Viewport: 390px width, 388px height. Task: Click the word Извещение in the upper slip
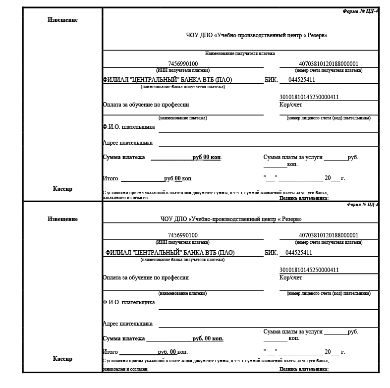coord(62,20)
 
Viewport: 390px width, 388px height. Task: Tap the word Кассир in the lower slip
coord(62,359)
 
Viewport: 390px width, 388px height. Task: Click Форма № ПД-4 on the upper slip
coord(360,11)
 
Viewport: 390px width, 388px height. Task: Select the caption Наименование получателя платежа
coord(240,54)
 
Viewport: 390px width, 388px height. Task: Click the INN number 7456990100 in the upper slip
coord(183,64)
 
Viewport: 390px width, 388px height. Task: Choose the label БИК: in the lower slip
coord(271,253)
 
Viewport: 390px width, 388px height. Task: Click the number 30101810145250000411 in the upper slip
coord(309,97)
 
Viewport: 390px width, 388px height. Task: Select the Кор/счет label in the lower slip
coord(291,277)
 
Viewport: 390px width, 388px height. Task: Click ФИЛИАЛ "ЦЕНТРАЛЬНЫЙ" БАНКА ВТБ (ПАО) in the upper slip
coord(167,80)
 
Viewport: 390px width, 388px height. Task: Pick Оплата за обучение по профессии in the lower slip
coord(146,278)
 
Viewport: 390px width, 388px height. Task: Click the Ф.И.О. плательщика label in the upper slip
coord(128,127)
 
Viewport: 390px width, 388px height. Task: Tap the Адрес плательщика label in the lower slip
coord(127,324)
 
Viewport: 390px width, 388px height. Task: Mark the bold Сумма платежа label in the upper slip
coord(124,158)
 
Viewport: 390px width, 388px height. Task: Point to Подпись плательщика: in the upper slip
coord(304,198)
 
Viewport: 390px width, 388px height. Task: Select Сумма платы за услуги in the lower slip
coord(293,332)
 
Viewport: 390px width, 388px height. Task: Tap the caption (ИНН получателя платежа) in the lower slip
coord(183,242)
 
